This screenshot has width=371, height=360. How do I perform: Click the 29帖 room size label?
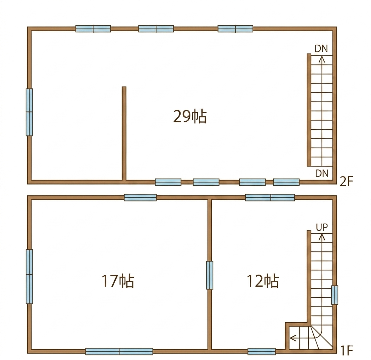click(x=190, y=116)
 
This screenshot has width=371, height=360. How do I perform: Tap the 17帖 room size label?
click(x=118, y=281)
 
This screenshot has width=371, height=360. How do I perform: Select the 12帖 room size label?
click(x=263, y=281)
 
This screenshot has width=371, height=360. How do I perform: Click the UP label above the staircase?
click(x=322, y=227)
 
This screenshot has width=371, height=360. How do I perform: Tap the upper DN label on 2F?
click(x=321, y=49)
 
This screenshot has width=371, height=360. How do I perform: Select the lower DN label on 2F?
click(x=322, y=174)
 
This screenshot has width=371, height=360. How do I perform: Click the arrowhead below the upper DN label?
click(x=321, y=59)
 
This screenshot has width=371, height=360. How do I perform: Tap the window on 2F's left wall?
click(x=30, y=112)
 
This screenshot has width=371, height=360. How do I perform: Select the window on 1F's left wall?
click(x=30, y=276)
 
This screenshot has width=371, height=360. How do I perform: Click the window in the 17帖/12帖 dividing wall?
click(x=210, y=275)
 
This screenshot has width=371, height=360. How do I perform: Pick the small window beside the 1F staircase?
click(x=334, y=295)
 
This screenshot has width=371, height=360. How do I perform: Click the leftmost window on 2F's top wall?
click(x=93, y=29)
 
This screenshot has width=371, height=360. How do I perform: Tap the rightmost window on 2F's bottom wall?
click(x=286, y=182)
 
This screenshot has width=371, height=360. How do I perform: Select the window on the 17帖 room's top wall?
click(x=140, y=198)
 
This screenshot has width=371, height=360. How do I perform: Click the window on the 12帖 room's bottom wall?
click(x=262, y=352)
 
